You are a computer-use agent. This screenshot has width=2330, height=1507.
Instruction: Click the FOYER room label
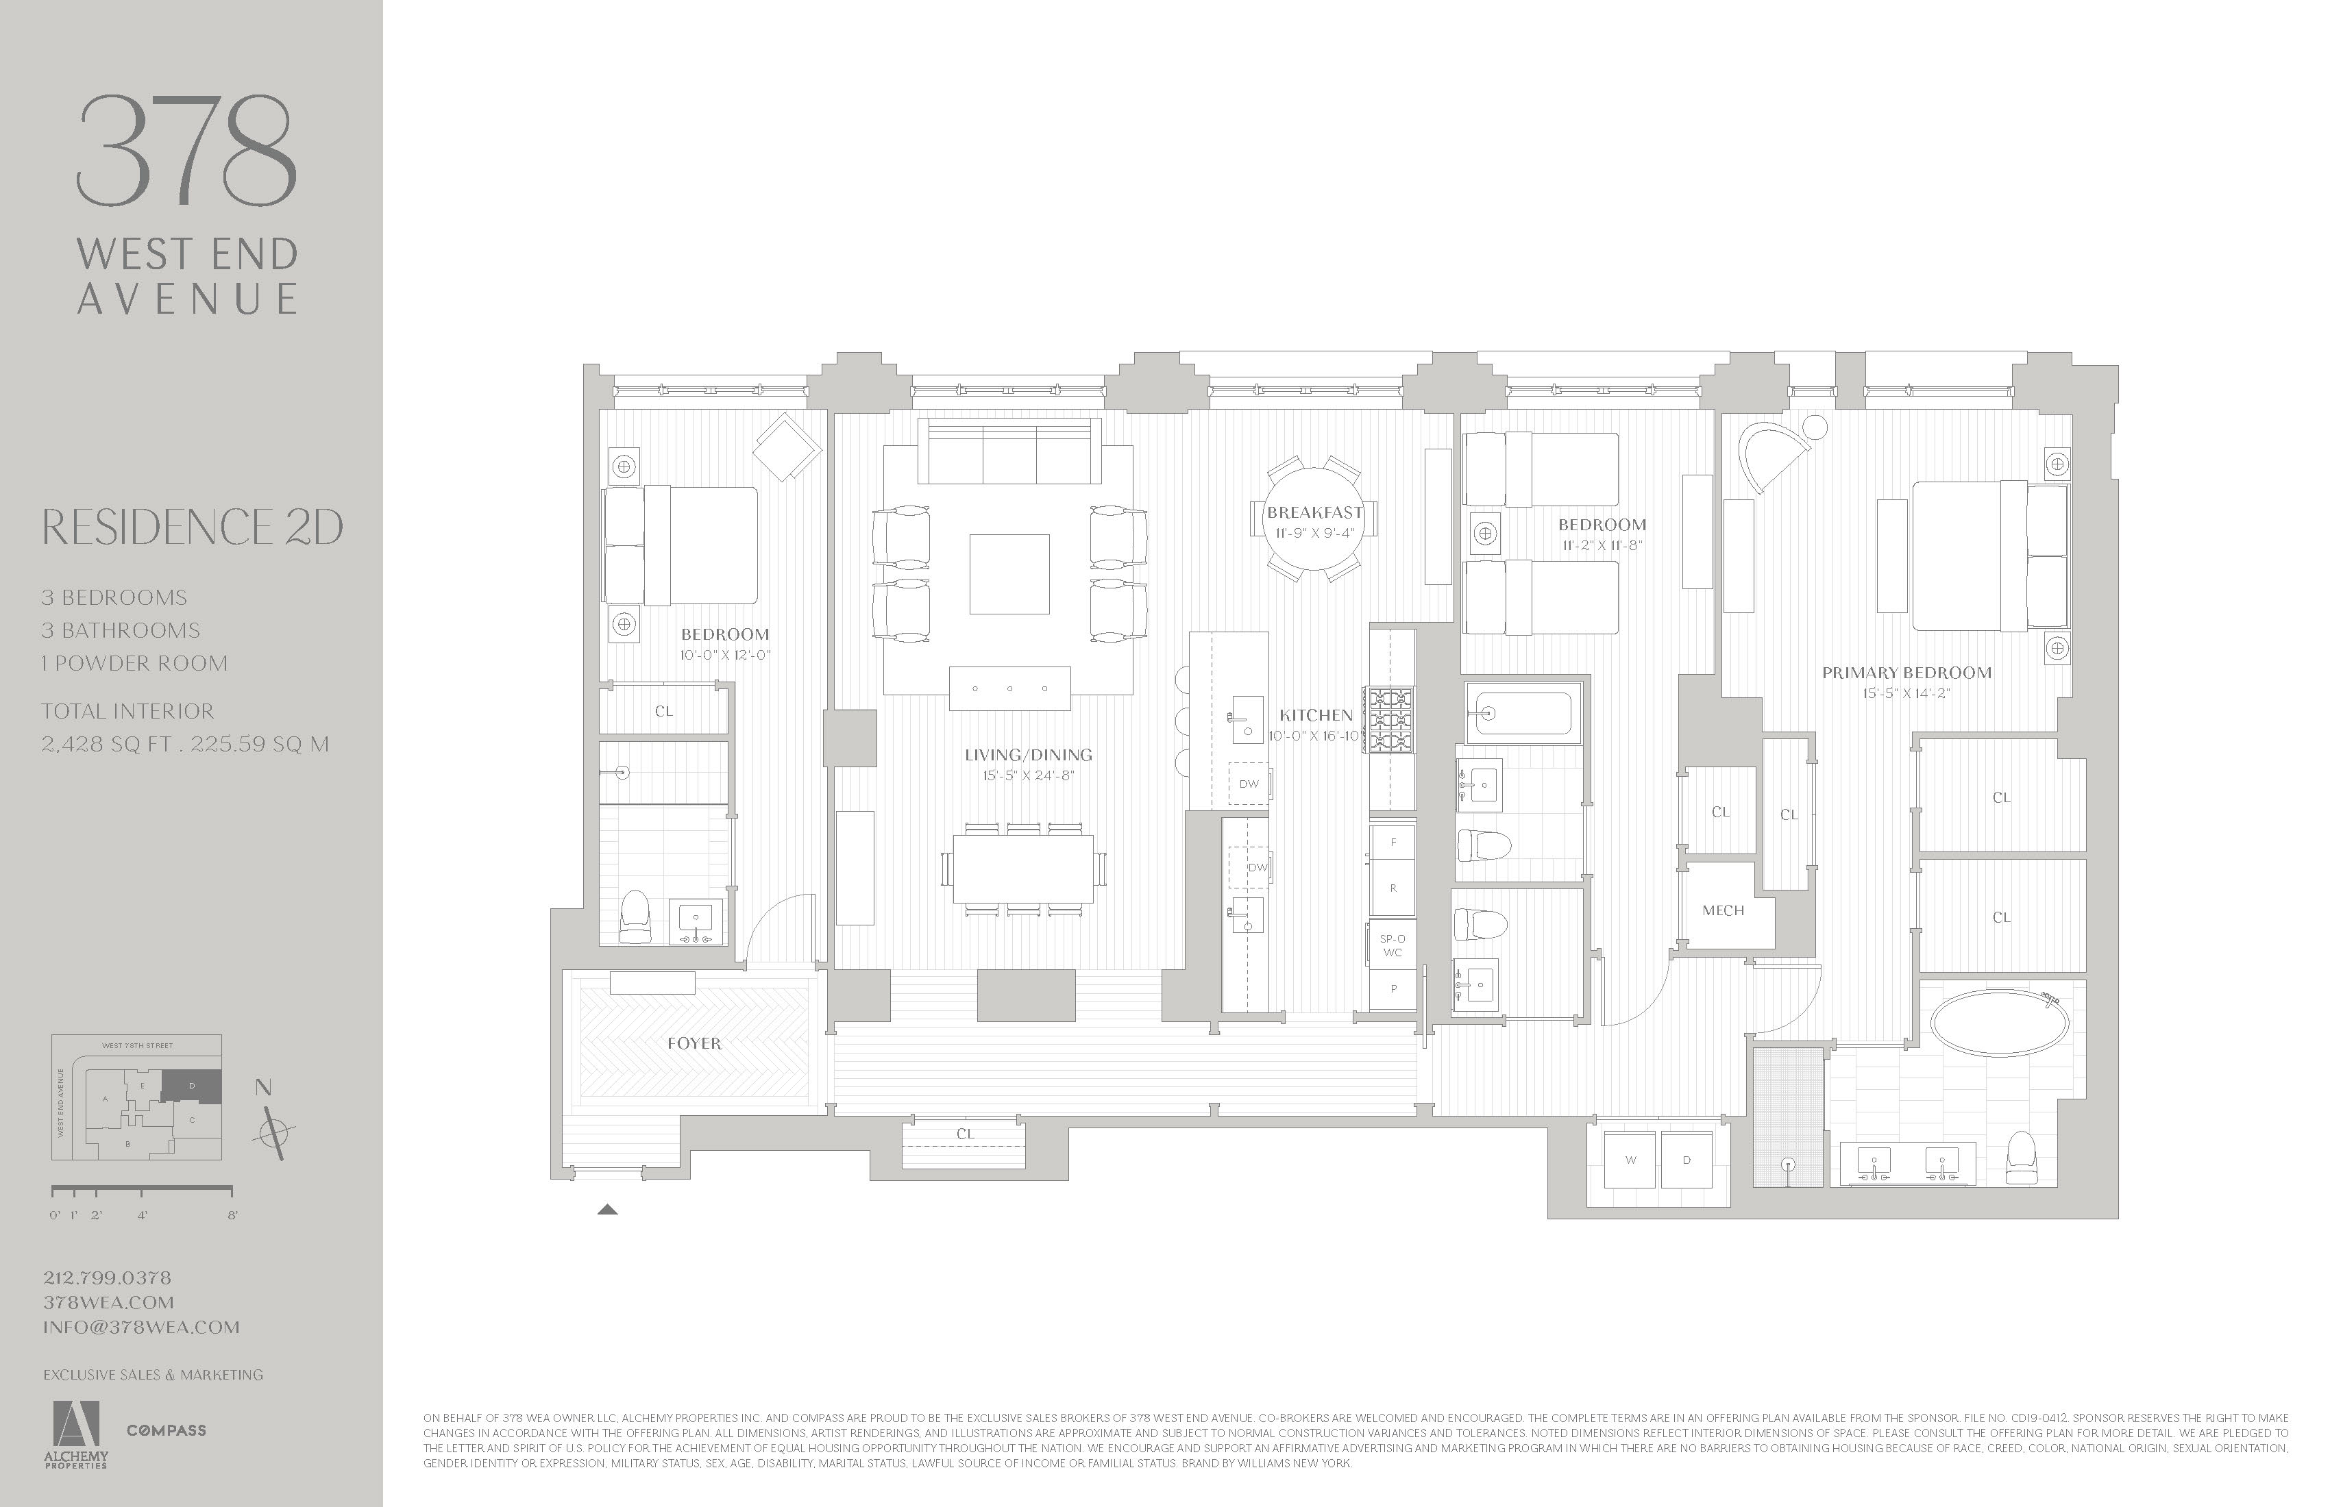click(x=694, y=1044)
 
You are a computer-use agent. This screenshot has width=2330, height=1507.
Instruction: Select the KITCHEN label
click(x=1316, y=715)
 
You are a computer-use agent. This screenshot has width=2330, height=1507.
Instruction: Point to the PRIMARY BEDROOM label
click(x=1906, y=672)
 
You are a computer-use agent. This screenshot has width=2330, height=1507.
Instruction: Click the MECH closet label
click(x=1723, y=910)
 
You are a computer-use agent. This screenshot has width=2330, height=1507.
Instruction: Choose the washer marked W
click(x=1630, y=1160)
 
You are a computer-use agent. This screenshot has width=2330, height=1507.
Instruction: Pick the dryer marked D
click(x=1686, y=1160)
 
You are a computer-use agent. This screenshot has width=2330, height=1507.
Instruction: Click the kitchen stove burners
click(x=1391, y=719)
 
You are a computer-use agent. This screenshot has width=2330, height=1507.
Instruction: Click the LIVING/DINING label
click(x=1028, y=754)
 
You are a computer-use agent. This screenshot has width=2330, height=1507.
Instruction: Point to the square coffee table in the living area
click(x=1009, y=573)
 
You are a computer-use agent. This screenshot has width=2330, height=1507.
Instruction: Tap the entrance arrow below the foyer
click(x=607, y=1210)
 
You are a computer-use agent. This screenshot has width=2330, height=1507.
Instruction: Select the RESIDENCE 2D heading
click(x=192, y=527)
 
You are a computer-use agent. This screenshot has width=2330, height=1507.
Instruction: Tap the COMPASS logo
click(x=167, y=1430)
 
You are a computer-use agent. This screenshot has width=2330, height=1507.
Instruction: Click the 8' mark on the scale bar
click(x=232, y=1215)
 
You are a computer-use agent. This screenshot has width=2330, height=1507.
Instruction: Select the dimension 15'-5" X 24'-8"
click(x=1028, y=776)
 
